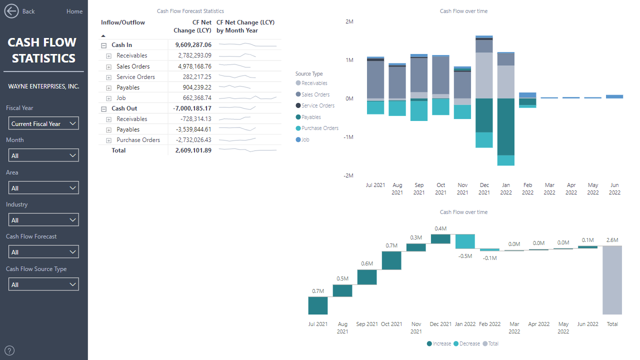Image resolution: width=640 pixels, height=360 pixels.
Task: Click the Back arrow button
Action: tap(11, 11)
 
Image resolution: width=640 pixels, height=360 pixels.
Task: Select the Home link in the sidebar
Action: tap(74, 11)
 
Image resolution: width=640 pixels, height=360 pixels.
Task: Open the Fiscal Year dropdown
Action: tap(43, 123)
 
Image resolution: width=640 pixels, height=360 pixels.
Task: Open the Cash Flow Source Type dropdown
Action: tap(43, 284)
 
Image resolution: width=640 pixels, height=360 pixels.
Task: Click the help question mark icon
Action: tap(9, 350)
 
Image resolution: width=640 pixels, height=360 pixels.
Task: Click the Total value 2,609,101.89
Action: tap(193, 150)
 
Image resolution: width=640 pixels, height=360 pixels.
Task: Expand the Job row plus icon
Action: tap(108, 98)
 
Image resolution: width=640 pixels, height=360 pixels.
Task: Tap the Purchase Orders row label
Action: tap(138, 140)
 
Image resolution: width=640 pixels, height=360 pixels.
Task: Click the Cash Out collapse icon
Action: tap(104, 109)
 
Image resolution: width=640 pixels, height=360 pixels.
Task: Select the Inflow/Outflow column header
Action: tap(123, 22)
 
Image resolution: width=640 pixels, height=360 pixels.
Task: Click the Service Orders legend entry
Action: tap(318, 105)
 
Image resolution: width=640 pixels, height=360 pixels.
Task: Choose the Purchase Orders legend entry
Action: tap(320, 128)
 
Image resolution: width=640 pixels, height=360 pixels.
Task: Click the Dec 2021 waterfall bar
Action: tap(440, 239)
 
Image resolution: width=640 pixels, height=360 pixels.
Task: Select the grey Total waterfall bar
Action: tap(612, 279)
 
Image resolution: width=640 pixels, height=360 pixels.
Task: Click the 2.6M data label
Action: tap(612, 240)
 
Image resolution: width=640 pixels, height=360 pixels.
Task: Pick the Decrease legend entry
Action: tap(469, 343)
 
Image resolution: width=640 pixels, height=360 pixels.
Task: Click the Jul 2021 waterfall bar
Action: tap(318, 305)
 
